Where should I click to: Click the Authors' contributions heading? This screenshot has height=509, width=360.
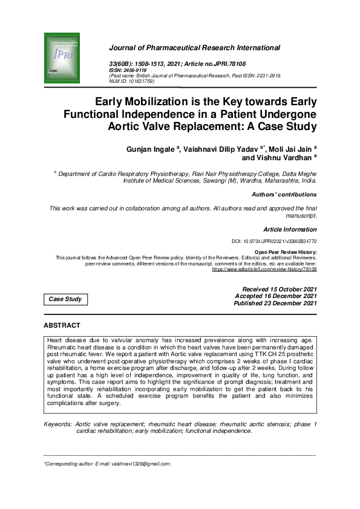(x=284, y=195)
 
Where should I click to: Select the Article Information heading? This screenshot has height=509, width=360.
(x=290, y=230)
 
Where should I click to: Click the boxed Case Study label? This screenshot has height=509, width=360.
(x=65, y=299)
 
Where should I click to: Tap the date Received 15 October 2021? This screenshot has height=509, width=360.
(x=279, y=289)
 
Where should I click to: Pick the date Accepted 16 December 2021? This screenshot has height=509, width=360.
(x=275, y=296)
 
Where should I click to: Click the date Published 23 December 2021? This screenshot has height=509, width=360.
(x=275, y=303)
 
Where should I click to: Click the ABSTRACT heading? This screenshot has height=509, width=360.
(x=62, y=326)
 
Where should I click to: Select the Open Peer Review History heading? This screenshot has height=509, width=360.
(x=286, y=252)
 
